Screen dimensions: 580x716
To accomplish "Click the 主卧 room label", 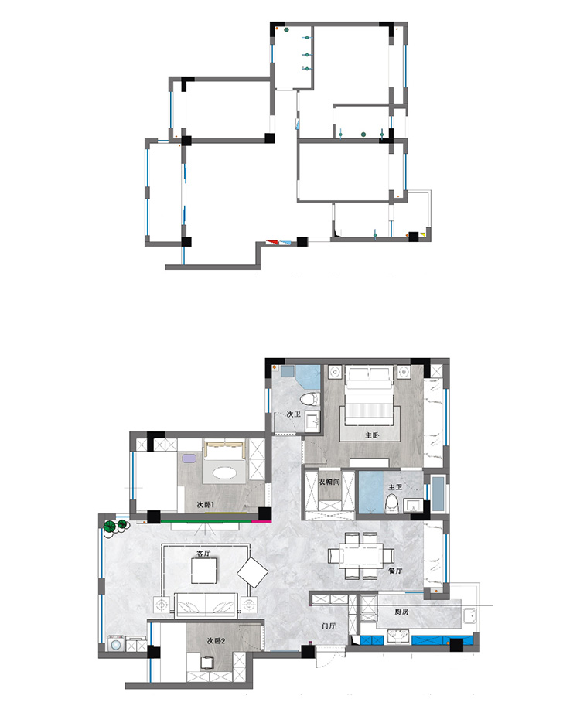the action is coord(372,435).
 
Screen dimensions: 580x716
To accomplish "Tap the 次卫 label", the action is coord(294,414).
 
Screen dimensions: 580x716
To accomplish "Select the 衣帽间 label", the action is coord(329,482).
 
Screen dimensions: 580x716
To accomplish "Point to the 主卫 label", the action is coord(395,487).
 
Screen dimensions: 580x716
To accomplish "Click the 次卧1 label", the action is coord(206,505).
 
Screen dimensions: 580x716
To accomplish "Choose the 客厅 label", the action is coord(203,554).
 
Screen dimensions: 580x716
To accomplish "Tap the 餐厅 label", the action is coord(395,571).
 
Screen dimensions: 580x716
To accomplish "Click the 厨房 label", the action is coord(401,612).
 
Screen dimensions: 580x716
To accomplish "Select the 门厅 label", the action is coord(329,626).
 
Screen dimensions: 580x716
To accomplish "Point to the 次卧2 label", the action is coord(216,641).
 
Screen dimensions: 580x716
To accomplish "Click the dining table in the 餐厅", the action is coord(361,556).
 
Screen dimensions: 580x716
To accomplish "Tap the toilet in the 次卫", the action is coord(309,399).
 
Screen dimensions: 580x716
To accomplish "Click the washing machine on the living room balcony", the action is coord(116,643).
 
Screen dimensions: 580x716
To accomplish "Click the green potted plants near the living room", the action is coord(115,526).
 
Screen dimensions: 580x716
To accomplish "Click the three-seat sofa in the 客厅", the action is coord(206,605).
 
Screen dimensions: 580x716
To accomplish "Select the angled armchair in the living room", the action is coord(253,572).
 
